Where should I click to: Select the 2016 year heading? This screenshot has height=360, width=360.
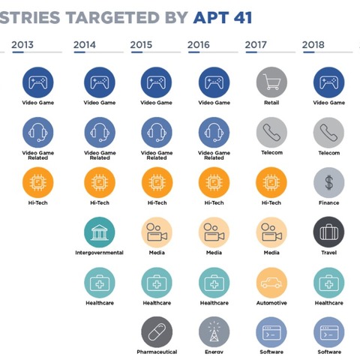198,45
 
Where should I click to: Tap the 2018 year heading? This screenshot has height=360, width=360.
313,45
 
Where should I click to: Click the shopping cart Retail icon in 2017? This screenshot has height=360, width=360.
271,82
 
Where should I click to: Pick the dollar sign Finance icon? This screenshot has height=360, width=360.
328,182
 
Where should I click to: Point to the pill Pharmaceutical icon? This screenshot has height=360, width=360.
156,331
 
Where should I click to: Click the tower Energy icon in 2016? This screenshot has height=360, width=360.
214,331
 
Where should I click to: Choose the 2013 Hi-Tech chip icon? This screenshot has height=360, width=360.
38,182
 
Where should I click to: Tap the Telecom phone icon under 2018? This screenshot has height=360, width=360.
328,133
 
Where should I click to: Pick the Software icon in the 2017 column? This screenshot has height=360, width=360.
271,331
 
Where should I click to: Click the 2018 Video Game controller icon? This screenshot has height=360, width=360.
328,82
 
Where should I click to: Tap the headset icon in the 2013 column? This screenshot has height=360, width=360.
38,133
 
